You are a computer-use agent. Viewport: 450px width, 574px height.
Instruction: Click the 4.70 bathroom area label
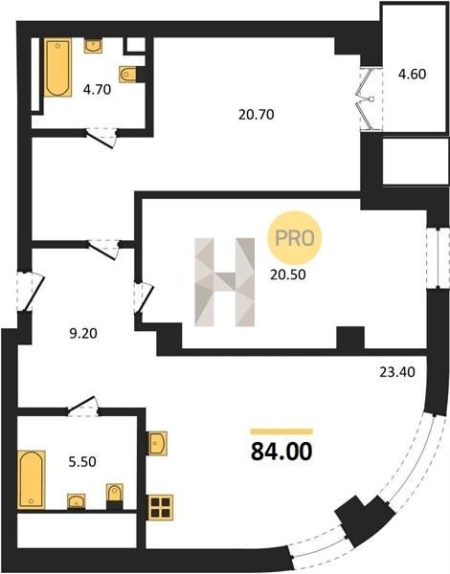(x=97, y=89)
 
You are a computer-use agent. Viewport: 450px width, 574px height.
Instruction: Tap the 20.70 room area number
(x=257, y=115)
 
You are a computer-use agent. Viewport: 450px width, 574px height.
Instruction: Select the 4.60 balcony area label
(x=413, y=75)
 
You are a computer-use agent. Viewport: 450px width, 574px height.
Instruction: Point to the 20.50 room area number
(x=287, y=275)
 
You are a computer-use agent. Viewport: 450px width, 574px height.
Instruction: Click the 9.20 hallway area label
(x=83, y=334)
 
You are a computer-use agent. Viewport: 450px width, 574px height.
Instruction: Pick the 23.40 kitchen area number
(x=397, y=372)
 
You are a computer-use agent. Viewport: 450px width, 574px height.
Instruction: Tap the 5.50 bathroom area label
(x=82, y=462)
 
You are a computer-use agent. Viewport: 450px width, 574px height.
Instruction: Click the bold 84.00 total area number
(x=281, y=452)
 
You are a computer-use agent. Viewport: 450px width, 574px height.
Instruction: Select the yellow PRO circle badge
(x=295, y=238)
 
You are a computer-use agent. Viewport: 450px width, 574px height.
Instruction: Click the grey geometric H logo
(x=225, y=282)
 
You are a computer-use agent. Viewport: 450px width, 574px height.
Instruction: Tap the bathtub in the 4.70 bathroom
(x=57, y=67)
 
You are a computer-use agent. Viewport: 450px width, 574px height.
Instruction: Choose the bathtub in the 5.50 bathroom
(x=32, y=480)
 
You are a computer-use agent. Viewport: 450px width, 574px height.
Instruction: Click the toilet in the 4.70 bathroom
(x=128, y=75)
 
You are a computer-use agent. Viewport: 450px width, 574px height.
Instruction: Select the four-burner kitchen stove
(x=161, y=507)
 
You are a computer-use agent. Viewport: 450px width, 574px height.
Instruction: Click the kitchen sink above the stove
(x=157, y=444)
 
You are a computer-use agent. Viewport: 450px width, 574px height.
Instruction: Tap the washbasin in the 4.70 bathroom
(x=93, y=46)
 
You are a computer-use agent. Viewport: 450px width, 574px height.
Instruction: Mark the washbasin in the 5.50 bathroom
(x=77, y=501)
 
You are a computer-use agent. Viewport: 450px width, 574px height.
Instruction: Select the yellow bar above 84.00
(x=281, y=431)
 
